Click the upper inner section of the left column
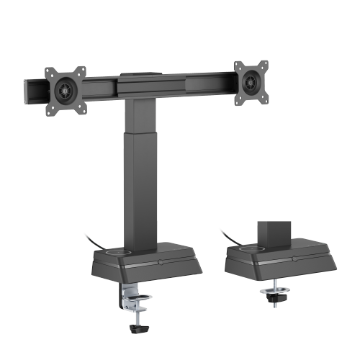tap(144, 115)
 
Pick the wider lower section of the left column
tap(145, 194)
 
